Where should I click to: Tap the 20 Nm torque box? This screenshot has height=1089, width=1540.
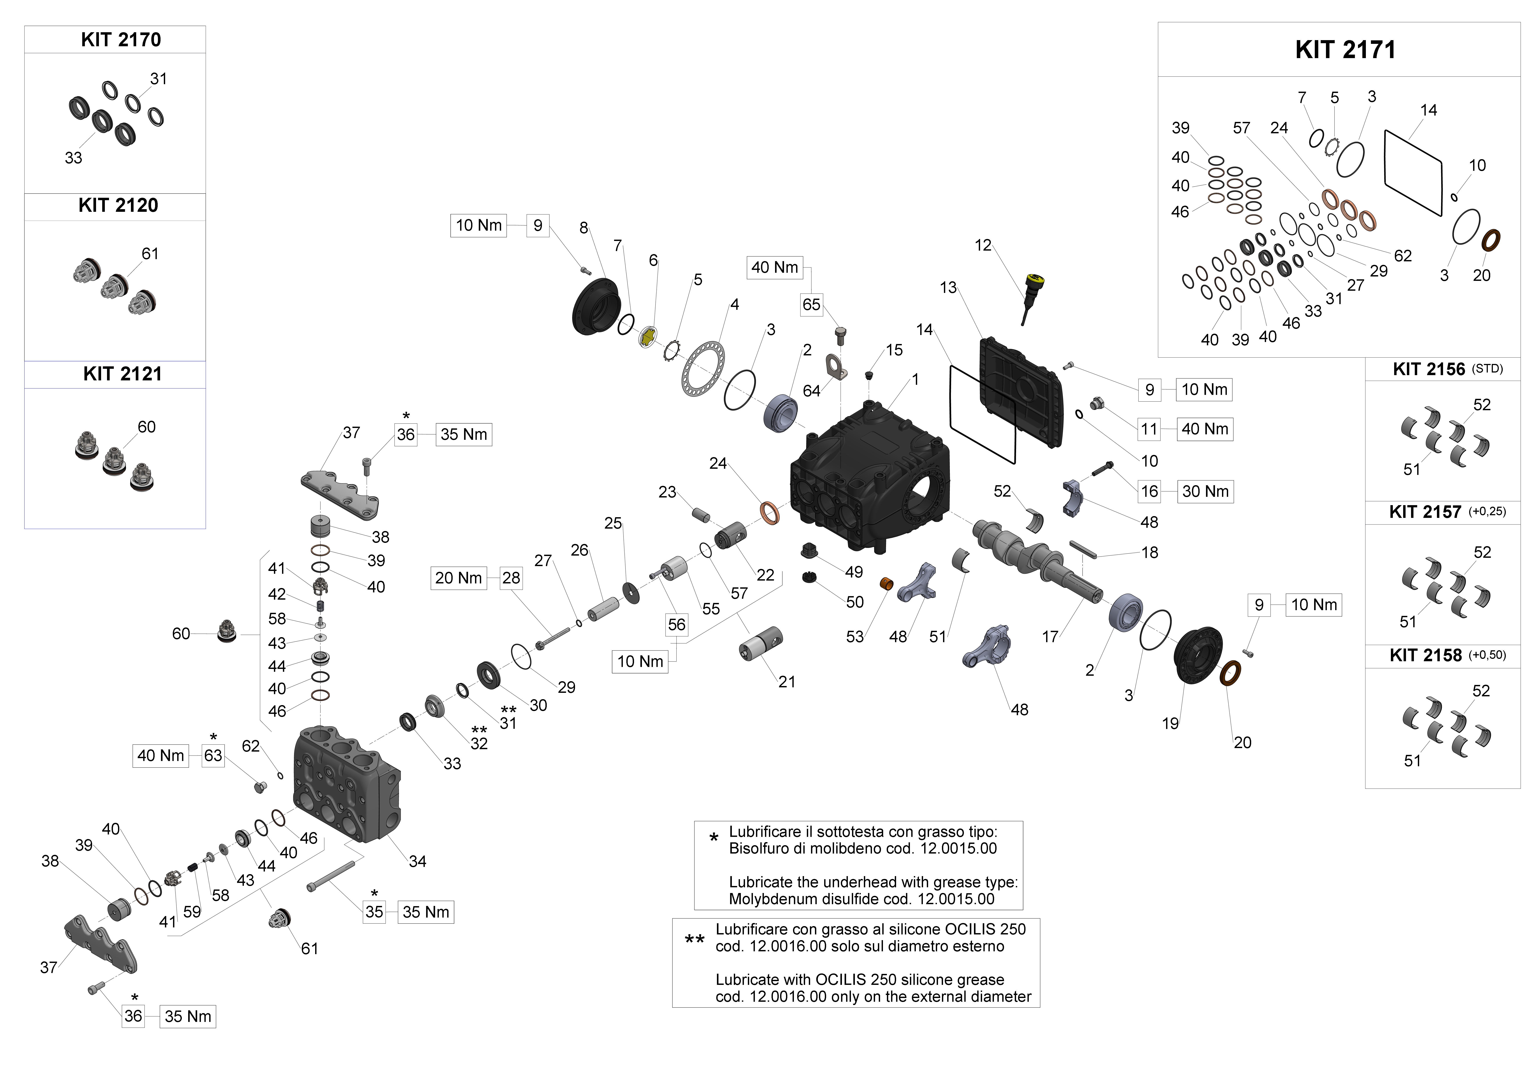[458, 578]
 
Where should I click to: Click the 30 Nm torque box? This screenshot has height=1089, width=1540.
[1205, 492]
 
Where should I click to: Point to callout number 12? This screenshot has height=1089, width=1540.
[983, 245]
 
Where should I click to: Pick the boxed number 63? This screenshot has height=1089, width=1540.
[213, 756]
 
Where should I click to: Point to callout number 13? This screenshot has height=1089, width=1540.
[948, 288]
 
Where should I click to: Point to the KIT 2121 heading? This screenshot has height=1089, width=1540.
[122, 374]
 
